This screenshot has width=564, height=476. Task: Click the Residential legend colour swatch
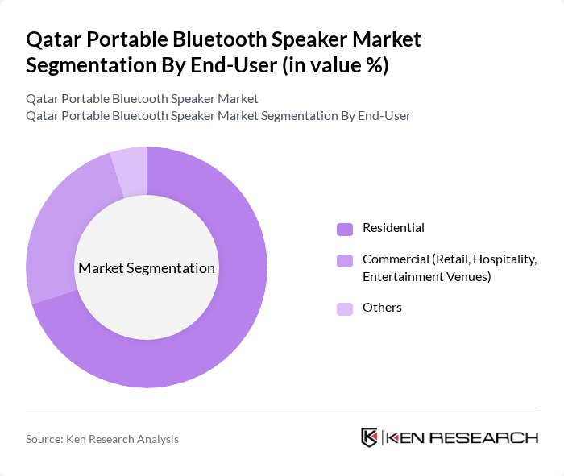tap(345, 229)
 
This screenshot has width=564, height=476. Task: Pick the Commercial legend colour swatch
tap(345, 260)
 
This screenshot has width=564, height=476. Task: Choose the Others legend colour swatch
tap(345, 308)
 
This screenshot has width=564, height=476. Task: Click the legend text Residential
tap(393, 228)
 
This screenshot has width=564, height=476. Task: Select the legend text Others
tap(382, 308)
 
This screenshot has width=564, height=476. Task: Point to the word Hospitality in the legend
tap(504, 259)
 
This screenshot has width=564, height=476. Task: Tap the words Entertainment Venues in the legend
tap(426, 277)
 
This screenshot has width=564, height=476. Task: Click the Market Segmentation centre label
tap(147, 268)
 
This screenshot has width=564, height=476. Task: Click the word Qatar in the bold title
tap(53, 39)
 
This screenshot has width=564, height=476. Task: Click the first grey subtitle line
tap(142, 99)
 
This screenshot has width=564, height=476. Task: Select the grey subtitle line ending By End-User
tap(218, 116)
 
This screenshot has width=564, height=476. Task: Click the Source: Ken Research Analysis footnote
tap(102, 439)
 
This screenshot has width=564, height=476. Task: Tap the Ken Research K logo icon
tap(370, 437)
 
